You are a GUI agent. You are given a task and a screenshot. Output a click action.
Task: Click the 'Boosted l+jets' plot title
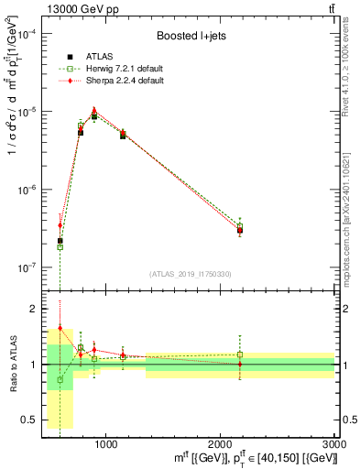(191, 37)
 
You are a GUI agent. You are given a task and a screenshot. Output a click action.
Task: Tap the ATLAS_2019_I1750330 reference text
(190, 274)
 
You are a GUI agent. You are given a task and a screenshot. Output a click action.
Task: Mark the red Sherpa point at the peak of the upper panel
(93, 110)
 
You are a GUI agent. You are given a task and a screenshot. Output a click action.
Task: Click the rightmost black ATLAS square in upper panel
(240, 230)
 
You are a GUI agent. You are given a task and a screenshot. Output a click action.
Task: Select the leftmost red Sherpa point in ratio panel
(60, 328)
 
